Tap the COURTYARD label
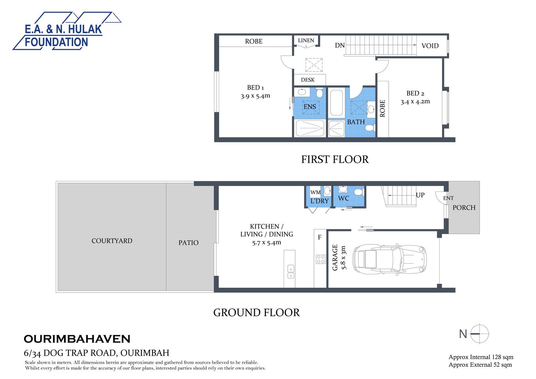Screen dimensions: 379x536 (112, 241)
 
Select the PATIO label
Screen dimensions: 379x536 (188, 243)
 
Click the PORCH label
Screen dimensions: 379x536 (464, 208)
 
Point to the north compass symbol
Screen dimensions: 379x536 (480, 334)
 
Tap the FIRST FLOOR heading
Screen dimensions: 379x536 (335, 159)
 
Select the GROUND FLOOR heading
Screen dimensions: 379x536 (256, 313)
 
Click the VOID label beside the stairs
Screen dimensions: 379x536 (430, 46)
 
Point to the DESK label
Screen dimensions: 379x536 (308, 80)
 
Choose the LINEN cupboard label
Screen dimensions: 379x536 (306, 41)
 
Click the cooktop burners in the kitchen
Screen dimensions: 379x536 (320, 259)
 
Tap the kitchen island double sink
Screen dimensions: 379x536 (291, 271)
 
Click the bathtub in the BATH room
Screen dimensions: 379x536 (337, 103)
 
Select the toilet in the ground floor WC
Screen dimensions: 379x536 (359, 192)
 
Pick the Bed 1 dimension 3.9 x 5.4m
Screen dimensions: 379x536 (255, 96)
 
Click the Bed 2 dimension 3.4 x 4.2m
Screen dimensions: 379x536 (415, 101)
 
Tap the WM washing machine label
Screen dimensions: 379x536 (315, 192)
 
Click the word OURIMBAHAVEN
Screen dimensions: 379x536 (77, 339)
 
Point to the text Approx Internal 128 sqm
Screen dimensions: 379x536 (481, 357)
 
